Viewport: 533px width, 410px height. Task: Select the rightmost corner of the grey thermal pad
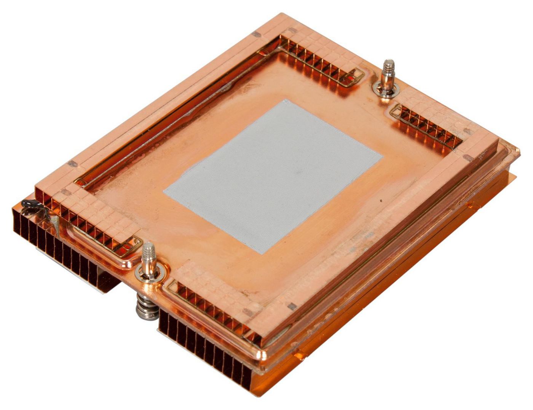(382, 156)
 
